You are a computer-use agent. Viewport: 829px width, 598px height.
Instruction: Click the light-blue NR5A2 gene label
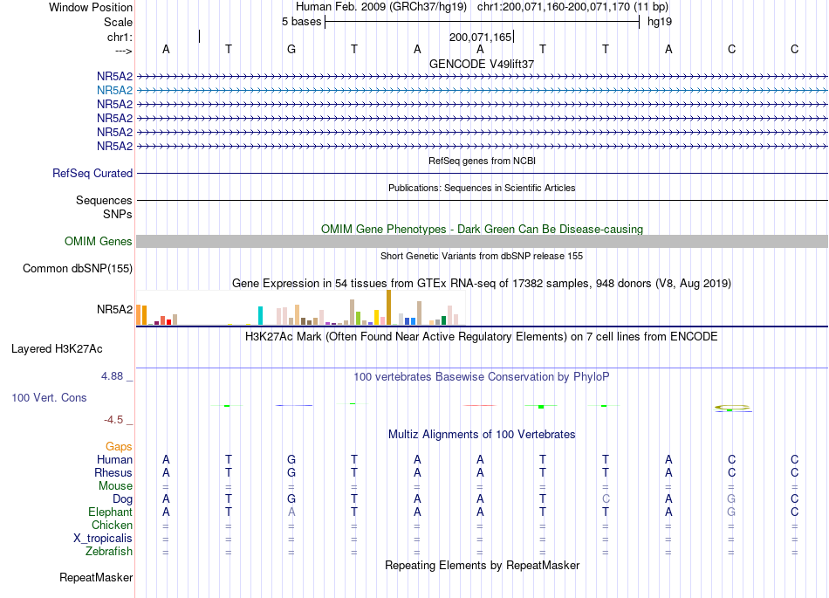click(114, 91)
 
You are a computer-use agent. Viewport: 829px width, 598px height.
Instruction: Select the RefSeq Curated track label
click(92, 174)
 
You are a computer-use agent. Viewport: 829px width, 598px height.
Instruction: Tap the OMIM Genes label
click(99, 242)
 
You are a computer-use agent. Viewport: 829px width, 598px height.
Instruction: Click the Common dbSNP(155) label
click(78, 269)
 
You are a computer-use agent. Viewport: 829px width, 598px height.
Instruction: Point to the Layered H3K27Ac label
click(57, 349)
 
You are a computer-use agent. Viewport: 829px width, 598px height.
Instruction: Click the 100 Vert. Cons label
click(49, 397)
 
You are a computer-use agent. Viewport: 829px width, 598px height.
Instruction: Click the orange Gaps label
click(119, 447)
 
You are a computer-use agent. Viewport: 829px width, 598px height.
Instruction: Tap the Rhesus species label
click(113, 472)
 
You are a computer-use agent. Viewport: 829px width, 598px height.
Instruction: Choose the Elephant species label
click(111, 512)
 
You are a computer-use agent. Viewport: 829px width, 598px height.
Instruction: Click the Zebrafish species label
click(109, 551)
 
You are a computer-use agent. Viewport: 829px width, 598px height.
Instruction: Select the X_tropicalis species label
click(103, 539)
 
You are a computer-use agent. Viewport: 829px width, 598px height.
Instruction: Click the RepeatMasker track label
click(96, 577)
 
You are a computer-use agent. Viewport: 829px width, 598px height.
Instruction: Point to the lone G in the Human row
click(291, 459)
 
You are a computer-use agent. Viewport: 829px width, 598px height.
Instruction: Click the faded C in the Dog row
click(606, 498)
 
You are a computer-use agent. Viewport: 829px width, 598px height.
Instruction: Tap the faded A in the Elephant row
click(291, 512)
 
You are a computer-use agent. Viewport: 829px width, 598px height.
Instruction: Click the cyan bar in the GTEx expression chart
click(260, 316)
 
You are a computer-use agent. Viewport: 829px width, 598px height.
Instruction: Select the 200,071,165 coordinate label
click(480, 37)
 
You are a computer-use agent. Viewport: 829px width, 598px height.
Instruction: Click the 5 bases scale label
click(301, 22)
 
